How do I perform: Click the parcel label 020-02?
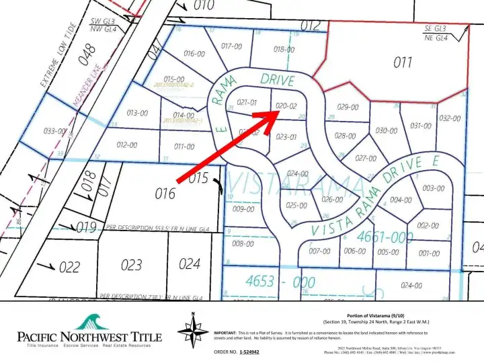click(x=286, y=106)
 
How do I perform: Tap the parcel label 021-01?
click(x=247, y=102)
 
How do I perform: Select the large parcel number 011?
click(x=403, y=63)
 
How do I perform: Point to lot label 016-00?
click(x=194, y=54)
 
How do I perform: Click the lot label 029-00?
click(x=348, y=107)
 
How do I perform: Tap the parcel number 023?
click(x=132, y=265)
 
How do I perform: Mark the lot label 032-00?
click(x=450, y=118)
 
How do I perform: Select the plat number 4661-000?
click(x=385, y=237)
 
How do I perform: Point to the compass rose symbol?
click(x=193, y=331)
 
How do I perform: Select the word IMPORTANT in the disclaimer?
click(x=227, y=332)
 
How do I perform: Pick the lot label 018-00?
click(x=284, y=49)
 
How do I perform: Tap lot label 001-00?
click(x=429, y=253)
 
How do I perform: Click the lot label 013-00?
click(x=137, y=113)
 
